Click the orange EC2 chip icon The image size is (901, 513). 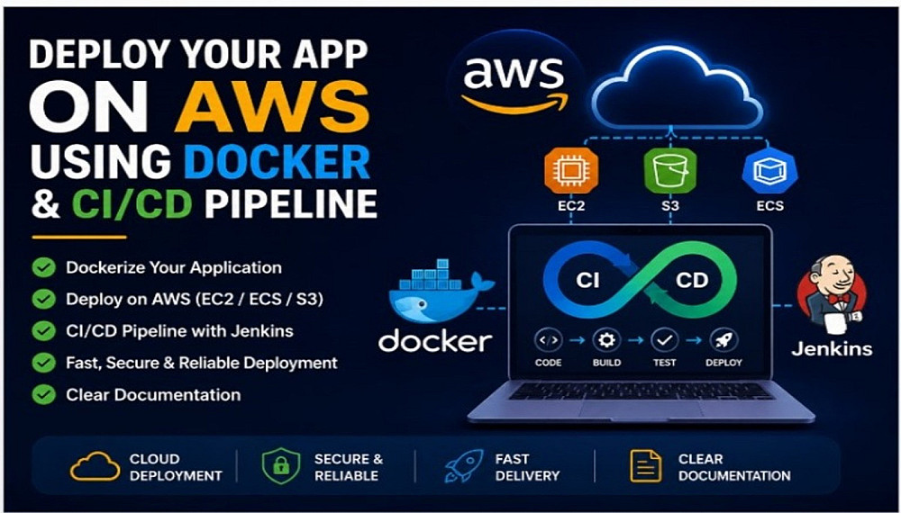point(571,170)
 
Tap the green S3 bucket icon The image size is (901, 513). point(669,170)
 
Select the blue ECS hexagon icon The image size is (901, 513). point(769,170)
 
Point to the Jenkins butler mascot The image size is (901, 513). point(832,293)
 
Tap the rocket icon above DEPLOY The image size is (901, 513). point(723,340)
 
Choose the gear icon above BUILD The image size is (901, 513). point(606,340)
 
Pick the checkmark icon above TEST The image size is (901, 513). point(664,340)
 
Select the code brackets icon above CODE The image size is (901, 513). point(548,340)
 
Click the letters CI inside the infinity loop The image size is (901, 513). point(587,280)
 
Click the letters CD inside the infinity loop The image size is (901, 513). point(692,280)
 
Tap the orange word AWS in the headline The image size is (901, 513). point(272,107)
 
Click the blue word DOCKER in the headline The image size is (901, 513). point(278,161)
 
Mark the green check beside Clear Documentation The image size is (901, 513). point(43,395)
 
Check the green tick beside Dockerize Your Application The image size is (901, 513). point(43,267)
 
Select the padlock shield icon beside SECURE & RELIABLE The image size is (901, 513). point(280,466)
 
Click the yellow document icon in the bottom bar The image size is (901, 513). point(645,466)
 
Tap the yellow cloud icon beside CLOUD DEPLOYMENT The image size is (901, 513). point(96,466)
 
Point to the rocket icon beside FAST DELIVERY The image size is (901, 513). point(464,466)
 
